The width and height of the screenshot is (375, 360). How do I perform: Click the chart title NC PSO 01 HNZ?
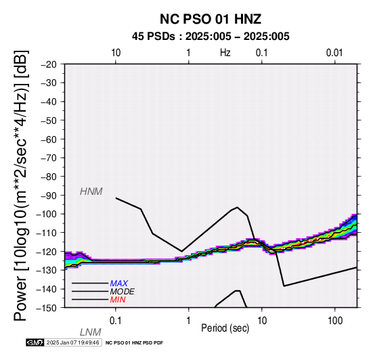click(211, 19)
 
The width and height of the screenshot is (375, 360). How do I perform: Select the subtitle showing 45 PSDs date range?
click(211, 37)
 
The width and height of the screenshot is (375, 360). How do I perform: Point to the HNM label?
click(91, 192)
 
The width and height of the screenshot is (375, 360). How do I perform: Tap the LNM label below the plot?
click(91, 332)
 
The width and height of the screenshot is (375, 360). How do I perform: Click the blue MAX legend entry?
click(119, 284)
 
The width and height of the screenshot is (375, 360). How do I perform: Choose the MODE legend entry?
click(123, 292)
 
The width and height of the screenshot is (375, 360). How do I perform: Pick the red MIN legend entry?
click(118, 300)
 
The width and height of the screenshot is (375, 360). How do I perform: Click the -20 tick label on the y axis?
click(49, 64)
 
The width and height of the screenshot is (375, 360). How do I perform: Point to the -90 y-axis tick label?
click(49, 196)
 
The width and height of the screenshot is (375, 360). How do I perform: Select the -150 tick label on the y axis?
click(47, 308)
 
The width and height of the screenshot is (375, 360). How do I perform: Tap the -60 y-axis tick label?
click(49, 139)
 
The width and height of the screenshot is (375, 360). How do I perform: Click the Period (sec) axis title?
click(225, 328)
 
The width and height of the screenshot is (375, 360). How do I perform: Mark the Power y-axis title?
click(21, 186)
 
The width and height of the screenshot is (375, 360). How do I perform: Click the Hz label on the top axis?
click(225, 53)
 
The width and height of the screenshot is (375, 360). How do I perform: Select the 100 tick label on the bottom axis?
click(335, 321)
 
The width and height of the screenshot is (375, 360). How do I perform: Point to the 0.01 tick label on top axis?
click(334, 53)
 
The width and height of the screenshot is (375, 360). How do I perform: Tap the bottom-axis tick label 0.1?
click(116, 321)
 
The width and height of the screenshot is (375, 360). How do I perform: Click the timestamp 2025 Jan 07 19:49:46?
click(73, 342)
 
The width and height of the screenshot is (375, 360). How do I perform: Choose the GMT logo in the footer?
click(35, 342)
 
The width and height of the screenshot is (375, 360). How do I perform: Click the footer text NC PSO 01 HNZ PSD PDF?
click(135, 343)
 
